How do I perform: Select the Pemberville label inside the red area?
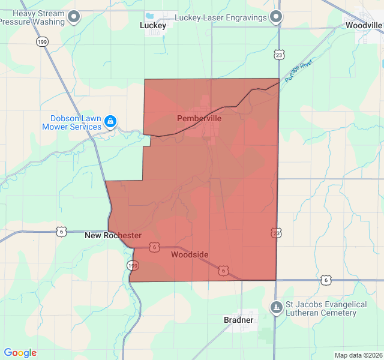click(199, 119)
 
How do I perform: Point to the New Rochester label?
click(113, 236)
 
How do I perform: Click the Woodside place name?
click(190, 255)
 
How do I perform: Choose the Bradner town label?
click(238, 320)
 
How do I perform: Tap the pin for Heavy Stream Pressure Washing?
click(74, 17)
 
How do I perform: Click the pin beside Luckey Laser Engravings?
click(275, 17)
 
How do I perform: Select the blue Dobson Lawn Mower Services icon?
click(110, 122)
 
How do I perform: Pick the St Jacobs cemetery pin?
click(276, 307)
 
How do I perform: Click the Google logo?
click(20, 353)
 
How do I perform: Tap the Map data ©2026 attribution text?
click(357, 355)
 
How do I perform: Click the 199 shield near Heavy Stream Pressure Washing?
click(42, 41)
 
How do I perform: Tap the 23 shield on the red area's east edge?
click(276, 232)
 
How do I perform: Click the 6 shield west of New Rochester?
click(61, 231)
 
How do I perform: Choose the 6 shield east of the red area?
click(326, 280)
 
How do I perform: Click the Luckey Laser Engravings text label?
click(220, 18)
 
